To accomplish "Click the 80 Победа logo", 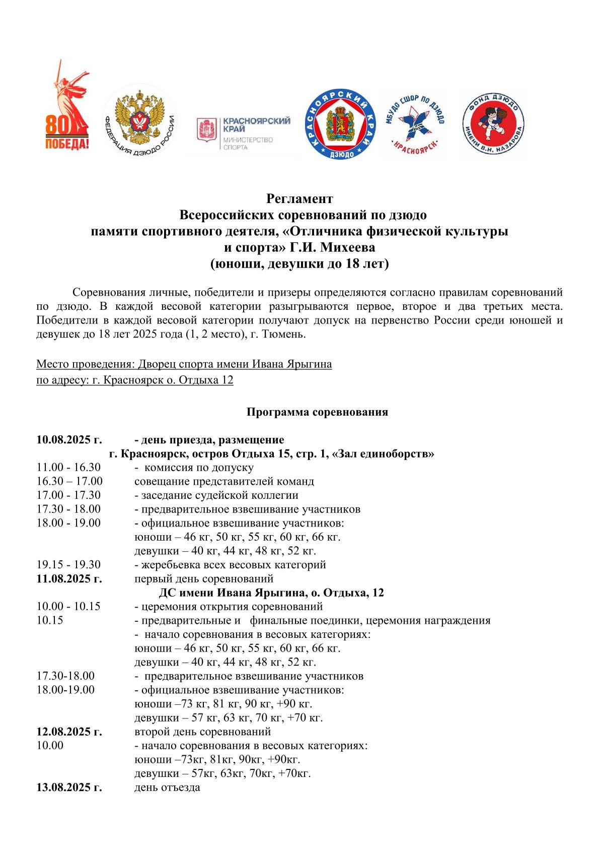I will point(67,107).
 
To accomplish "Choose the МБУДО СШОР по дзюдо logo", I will point(415,124).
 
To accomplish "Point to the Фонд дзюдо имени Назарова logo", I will point(493,123).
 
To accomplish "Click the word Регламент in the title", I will point(299,199).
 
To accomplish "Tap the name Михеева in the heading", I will point(348,247).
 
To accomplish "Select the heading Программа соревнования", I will point(317,412).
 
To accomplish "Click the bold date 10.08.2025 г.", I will point(69,440).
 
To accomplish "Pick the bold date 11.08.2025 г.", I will point(69,578).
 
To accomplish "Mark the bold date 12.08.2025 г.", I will point(69,731).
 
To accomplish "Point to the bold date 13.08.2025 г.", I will point(69,787).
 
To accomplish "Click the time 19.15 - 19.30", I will point(68,564).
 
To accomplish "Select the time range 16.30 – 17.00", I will point(69,481).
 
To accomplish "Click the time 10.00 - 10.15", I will point(68,606).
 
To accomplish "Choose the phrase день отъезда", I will point(167,787).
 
